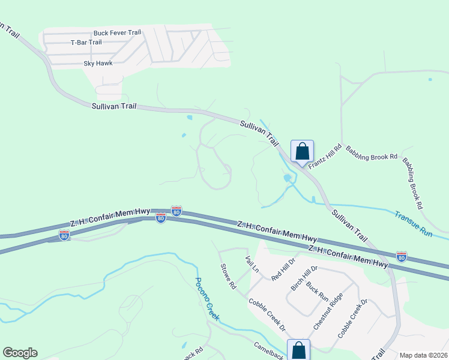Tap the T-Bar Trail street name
pos(86,43)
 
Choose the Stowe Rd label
pos(229,277)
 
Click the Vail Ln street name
pos(252,264)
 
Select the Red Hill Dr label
pos(284,269)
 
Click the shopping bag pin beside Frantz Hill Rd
pos(302,151)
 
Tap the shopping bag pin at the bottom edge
pos(298,350)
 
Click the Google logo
pos(20,353)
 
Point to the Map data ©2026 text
pos(423,355)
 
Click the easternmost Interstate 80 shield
pos(402,257)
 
